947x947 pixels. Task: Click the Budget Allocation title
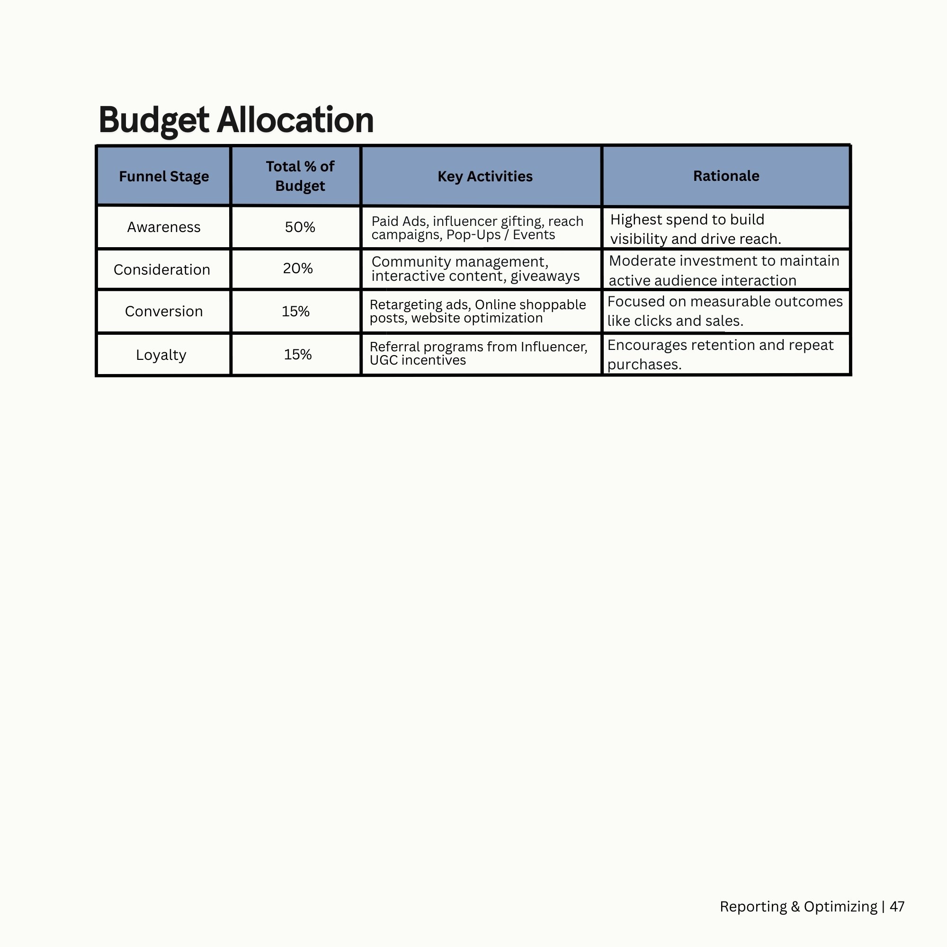click(x=236, y=120)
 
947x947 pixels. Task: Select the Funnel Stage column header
click(x=164, y=177)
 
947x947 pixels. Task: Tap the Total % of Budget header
click(x=300, y=176)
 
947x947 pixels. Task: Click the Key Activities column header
click(x=485, y=177)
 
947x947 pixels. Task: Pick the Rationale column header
click(x=726, y=176)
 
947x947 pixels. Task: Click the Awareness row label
click(x=164, y=227)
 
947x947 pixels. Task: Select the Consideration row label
click(x=162, y=269)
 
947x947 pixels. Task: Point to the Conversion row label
click(x=164, y=311)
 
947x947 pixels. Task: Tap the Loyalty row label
click(x=161, y=355)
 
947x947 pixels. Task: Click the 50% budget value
click(x=300, y=227)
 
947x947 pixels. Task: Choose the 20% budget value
click(x=297, y=268)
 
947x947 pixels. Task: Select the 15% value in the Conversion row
click(x=295, y=311)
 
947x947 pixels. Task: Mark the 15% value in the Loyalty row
click(x=297, y=354)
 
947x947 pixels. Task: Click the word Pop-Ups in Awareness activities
click(x=473, y=235)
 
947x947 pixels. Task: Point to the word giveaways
click(x=545, y=277)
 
